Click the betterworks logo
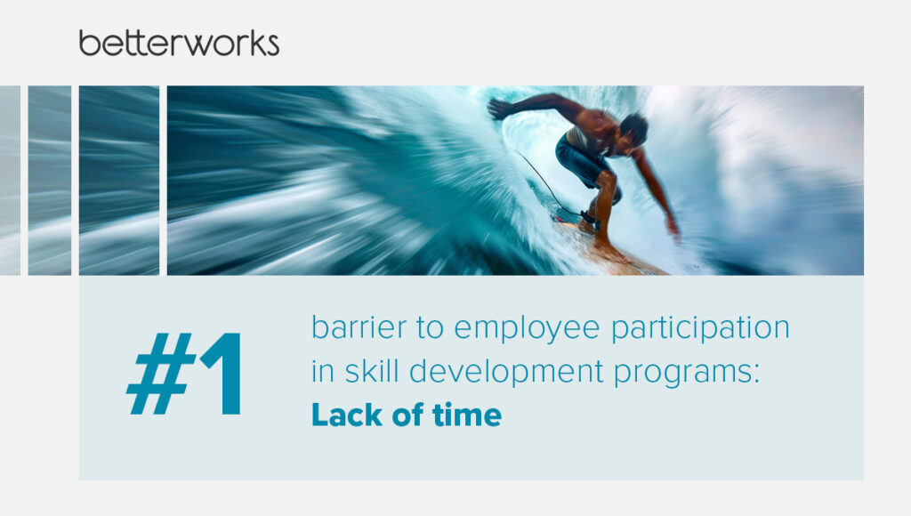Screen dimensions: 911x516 coord(179,44)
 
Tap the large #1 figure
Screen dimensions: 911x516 coord(184,374)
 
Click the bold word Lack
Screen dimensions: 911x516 coord(347,415)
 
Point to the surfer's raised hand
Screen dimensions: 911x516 coord(498,109)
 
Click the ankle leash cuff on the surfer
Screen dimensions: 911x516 coord(588,219)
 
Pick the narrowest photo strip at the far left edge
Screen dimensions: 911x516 coord(10,181)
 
